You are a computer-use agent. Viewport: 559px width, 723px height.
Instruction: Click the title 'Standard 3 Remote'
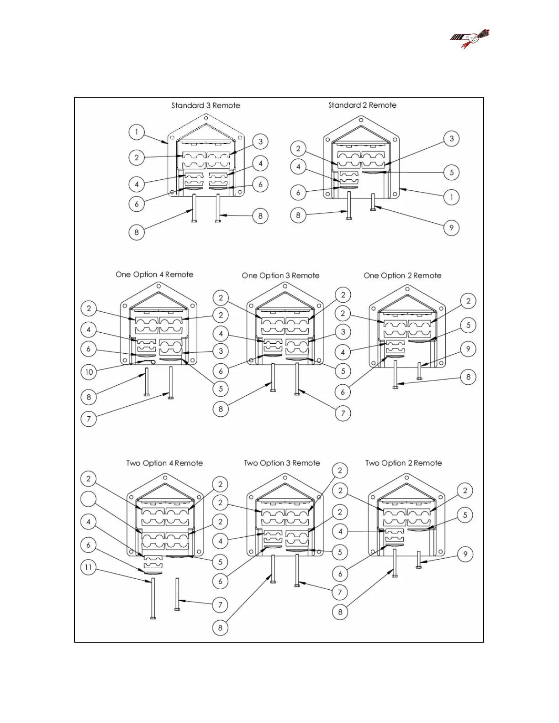tap(206, 105)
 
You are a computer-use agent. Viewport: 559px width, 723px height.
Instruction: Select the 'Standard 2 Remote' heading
tap(362, 105)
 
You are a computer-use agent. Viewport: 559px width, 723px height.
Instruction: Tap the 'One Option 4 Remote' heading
tap(154, 274)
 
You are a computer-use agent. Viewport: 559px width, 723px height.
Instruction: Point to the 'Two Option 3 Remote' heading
tap(282, 463)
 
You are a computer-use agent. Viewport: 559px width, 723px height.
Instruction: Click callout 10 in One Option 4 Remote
tap(89, 372)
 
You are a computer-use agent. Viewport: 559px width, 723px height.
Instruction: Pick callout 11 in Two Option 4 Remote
tap(89, 567)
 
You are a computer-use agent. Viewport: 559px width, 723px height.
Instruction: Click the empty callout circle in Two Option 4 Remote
tap(89, 499)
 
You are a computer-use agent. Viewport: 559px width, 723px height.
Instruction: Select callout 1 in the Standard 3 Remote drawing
tap(137, 132)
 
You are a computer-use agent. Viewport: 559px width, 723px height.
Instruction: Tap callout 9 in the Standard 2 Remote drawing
tap(452, 227)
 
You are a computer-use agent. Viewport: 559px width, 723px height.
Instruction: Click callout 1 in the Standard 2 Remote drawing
tap(452, 197)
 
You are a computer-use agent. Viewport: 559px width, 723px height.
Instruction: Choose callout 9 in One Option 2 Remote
tap(468, 349)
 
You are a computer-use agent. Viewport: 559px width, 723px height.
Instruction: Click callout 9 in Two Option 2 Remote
tap(465, 554)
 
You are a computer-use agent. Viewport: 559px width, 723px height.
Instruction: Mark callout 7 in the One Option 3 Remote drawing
tap(343, 414)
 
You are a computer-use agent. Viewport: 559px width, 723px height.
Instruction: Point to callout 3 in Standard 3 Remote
tap(260, 141)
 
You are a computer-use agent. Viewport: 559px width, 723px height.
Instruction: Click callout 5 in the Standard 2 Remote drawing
tap(452, 173)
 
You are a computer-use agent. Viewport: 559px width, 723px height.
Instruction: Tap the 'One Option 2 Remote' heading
tap(402, 275)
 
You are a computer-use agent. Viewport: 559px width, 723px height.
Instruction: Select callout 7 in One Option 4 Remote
tap(89, 419)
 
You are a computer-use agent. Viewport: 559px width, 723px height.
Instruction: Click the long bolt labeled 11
tap(153, 598)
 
